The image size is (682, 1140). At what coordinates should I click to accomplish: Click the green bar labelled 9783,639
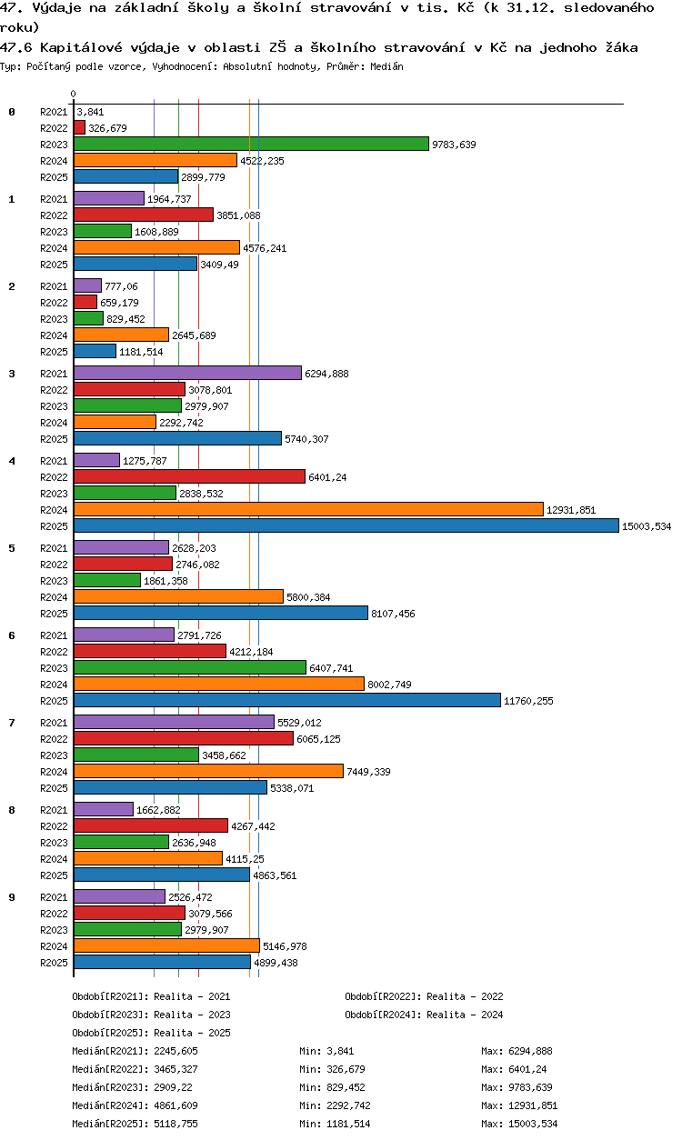click(251, 144)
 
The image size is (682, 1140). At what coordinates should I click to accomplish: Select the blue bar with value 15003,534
click(346, 525)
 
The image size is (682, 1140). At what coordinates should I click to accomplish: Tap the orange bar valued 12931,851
click(309, 509)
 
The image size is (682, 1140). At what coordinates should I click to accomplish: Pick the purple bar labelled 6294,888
click(188, 373)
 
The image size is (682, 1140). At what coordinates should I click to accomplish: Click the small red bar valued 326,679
click(79, 128)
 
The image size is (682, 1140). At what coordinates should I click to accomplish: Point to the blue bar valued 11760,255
click(287, 700)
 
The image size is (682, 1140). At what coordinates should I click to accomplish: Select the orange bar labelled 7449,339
click(208, 771)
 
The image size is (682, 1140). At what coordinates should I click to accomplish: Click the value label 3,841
click(90, 112)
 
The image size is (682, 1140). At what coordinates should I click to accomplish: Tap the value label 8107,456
click(393, 614)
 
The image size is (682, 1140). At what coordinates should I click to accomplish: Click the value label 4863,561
click(275, 875)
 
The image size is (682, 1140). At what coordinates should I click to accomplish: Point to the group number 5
click(12, 548)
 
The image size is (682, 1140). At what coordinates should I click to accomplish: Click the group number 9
click(12, 897)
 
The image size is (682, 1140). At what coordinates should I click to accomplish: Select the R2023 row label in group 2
click(54, 319)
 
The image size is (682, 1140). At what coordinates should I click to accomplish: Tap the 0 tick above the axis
click(74, 94)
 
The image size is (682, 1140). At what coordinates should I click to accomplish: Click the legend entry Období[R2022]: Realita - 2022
click(424, 996)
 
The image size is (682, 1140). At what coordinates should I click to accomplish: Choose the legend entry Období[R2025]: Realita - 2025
click(151, 1033)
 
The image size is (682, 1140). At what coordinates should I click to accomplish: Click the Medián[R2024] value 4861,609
click(176, 1105)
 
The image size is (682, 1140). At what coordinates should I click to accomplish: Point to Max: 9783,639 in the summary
click(517, 1087)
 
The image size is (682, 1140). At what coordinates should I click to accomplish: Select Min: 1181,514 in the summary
click(335, 1124)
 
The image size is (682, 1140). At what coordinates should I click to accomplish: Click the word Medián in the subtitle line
click(386, 66)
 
